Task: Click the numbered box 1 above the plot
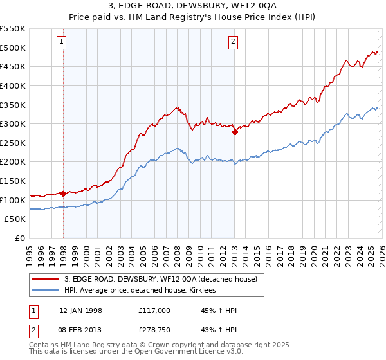click(62, 42)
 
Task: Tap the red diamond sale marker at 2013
click(235, 132)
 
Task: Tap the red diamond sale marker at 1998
click(64, 193)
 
